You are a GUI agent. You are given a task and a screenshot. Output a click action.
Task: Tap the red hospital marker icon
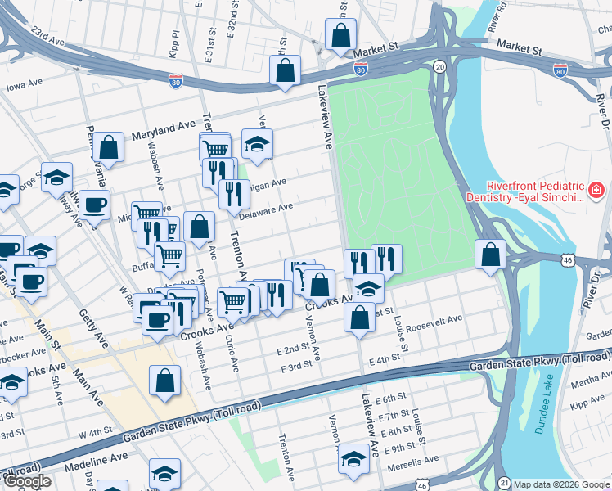point(596,192)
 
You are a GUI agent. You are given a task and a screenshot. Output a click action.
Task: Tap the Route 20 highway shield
point(440,66)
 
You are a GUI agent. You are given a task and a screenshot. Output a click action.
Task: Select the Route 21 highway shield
point(505,483)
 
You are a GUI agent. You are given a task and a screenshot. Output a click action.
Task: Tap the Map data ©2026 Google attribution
point(562,484)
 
